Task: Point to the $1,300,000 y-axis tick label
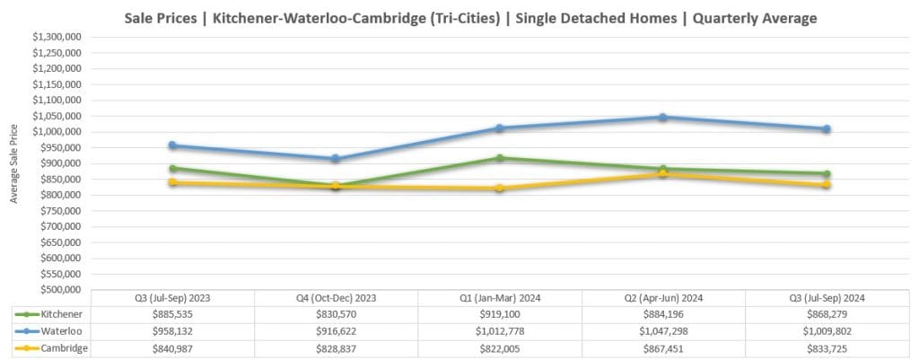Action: pyautogui.click(x=58, y=37)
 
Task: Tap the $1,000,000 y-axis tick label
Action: pyautogui.click(x=58, y=132)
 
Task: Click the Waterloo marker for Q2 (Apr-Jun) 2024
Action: pyautogui.click(x=663, y=117)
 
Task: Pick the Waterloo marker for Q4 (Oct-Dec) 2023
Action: pyautogui.click(x=336, y=159)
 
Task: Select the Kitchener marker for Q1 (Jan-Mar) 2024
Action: pyautogui.click(x=499, y=158)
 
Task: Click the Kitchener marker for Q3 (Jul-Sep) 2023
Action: pyautogui.click(x=172, y=168)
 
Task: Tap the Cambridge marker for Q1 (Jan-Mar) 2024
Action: pyautogui.click(x=499, y=189)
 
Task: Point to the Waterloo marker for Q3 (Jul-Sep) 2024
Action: pyautogui.click(x=827, y=129)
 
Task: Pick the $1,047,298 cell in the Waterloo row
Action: pyautogui.click(x=663, y=331)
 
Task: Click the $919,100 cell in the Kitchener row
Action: pyautogui.click(x=499, y=315)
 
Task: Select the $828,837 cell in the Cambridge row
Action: pyautogui.click(x=336, y=347)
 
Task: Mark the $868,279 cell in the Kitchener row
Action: pyautogui.click(x=827, y=315)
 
